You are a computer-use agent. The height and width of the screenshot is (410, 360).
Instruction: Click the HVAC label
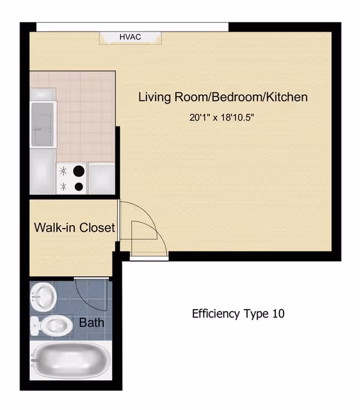pyautogui.click(x=130, y=37)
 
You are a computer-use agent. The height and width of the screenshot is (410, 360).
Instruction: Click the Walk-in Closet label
pyautogui.click(x=74, y=228)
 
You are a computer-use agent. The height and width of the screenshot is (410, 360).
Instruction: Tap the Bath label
pyautogui.click(x=91, y=323)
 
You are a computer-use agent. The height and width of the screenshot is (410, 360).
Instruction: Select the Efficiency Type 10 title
pyautogui.click(x=238, y=314)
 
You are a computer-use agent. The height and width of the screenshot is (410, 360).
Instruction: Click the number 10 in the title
pyautogui.click(x=278, y=314)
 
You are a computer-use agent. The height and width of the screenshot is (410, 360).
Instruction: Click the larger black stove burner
pyautogui.click(x=79, y=170)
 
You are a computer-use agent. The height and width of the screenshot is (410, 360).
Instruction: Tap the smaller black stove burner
pyautogui.click(x=79, y=186)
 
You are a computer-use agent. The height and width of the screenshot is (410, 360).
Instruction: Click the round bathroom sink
pyautogui.click(x=43, y=294)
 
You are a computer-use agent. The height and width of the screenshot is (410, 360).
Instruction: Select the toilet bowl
pyautogui.click(x=57, y=325)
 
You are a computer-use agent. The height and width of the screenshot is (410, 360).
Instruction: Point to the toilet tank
pyautogui.click(x=35, y=325)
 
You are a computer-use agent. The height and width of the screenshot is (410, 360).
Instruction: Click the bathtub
pyautogui.click(x=67, y=360)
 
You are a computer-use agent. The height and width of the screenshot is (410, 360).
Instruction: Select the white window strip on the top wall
pyautogui.click(x=132, y=26)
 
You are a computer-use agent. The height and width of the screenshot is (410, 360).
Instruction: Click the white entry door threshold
pyautogui.click(x=148, y=258)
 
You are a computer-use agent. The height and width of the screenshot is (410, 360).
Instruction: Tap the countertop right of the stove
pyautogui.click(x=102, y=177)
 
